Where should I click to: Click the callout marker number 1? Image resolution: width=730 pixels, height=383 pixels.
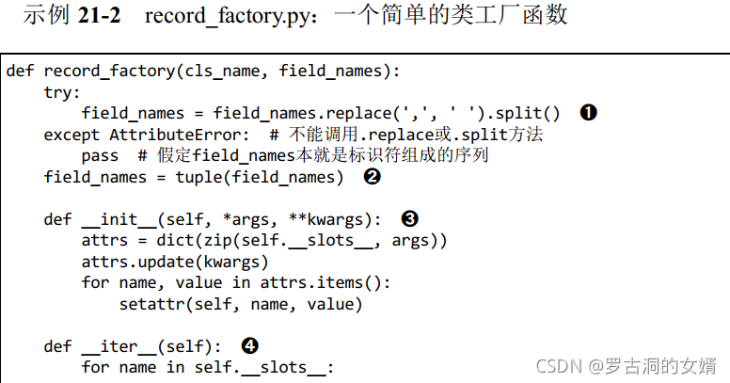pos(588,113)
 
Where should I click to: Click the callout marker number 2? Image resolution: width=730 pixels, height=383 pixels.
pos(372,177)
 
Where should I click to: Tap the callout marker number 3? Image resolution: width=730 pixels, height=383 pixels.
pos(409,218)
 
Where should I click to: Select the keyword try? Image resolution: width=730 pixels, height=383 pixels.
pos(61,92)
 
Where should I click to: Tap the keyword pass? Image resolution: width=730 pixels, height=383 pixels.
pos(100,156)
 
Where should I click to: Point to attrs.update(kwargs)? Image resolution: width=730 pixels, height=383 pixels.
pos(175,262)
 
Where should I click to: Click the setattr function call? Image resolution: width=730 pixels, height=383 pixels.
pos(148,304)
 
